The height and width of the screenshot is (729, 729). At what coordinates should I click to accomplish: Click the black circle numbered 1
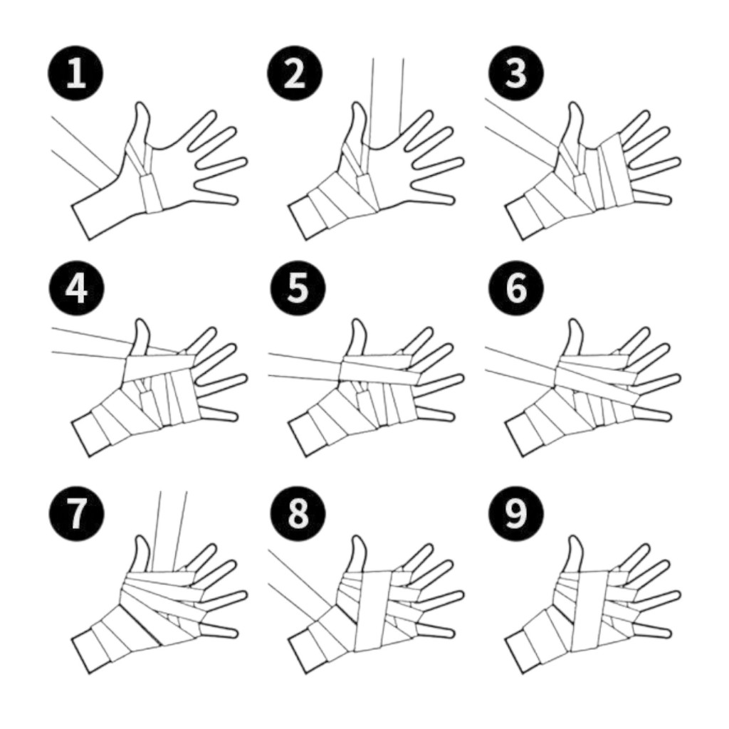tap(75, 73)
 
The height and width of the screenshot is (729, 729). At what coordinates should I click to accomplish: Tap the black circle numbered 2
tap(294, 73)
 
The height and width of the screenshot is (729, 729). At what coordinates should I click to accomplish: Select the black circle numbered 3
tap(515, 73)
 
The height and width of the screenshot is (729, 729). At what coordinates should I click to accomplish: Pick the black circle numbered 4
tap(76, 288)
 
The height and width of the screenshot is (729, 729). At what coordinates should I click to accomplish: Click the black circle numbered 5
tap(298, 288)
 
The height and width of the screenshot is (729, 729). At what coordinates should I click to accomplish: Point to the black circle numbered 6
tap(515, 288)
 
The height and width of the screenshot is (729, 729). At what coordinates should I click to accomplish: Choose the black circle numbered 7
tap(76, 513)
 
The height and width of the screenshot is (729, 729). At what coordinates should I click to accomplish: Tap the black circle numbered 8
tap(298, 513)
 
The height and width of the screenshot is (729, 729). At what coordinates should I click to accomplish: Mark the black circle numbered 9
tap(515, 513)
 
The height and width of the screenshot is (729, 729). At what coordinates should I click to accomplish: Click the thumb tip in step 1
tap(142, 104)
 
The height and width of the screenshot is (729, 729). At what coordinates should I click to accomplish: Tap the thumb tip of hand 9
tap(575, 537)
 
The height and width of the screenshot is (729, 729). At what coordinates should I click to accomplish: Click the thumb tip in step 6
tap(575, 321)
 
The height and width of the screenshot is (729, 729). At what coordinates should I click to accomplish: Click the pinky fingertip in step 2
tap(450, 200)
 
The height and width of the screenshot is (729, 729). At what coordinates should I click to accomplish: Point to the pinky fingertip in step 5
tap(450, 415)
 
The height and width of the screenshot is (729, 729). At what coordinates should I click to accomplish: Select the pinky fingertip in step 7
tap(234, 632)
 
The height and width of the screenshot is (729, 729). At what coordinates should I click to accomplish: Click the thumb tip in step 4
tap(142, 321)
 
